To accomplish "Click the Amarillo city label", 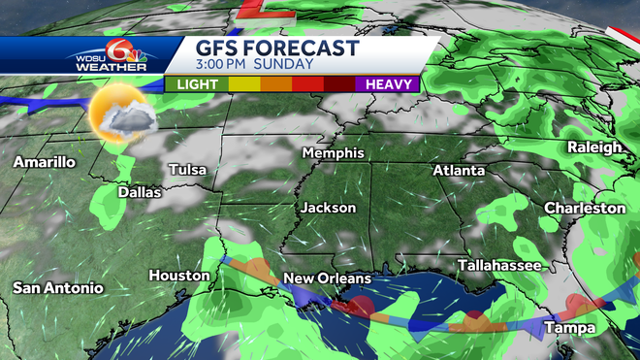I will pyautogui.click(x=44, y=162).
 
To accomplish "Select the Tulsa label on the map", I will pyautogui.click(x=187, y=170).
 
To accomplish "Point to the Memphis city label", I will pyautogui.click(x=333, y=153).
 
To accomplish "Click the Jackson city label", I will pyautogui.click(x=328, y=208).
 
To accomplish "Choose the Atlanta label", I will pyautogui.click(x=459, y=170).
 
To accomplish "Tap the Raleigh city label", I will pyautogui.click(x=595, y=147).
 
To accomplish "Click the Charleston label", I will pyautogui.click(x=585, y=208).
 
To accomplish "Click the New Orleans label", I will pyautogui.click(x=327, y=278).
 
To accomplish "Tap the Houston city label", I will pyautogui.click(x=179, y=276).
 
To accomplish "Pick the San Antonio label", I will pyautogui.click(x=57, y=287).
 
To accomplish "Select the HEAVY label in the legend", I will pyautogui.click(x=392, y=84).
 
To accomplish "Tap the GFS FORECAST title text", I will pyautogui.click(x=278, y=49).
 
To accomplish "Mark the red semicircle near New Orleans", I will pyautogui.click(x=360, y=308).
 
